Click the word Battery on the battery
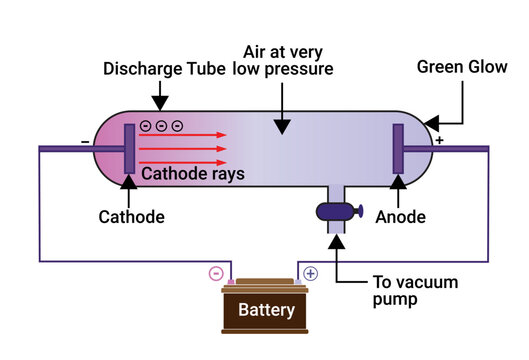[x=266, y=310]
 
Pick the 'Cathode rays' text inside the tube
[x=194, y=174]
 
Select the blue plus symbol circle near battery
[x=310, y=272]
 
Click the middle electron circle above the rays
[x=161, y=126]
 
